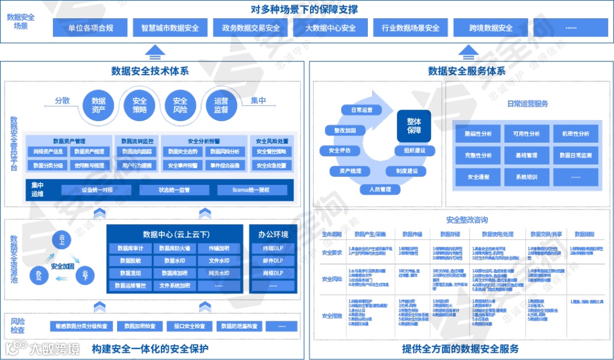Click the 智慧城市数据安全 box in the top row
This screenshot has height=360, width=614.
pyautogui.click(x=170, y=28)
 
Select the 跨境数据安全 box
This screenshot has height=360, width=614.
pyautogui.click(x=491, y=28)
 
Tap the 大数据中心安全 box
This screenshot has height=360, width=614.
pyautogui.click(x=331, y=28)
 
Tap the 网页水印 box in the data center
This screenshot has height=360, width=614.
pyautogui.click(x=218, y=272)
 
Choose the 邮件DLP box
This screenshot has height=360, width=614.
pyautogui.click(x=273, y=260)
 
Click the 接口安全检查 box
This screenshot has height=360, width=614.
pyautogui.click(x=186, y=326)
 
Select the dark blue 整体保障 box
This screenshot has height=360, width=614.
pyautogui.click(x=413, y=126)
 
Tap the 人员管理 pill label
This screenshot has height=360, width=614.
pyautogui.click(x=379, y=189)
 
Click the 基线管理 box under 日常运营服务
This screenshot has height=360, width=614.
pyautogui.click(x=526, y=155)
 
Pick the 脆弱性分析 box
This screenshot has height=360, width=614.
pyautogui.click(x=478, y=134)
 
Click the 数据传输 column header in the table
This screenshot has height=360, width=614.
pyautogui.click(x=412, y=234)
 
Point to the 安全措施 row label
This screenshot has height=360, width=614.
pyautogui.click(x=331, y=316)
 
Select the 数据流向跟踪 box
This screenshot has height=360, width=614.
pyautogui.click(x=138, y=152)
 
